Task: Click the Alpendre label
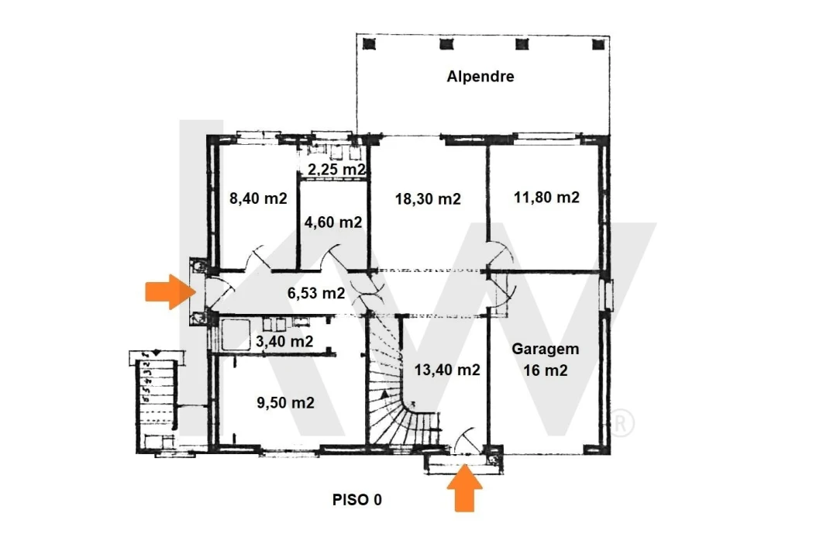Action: coord(480,77)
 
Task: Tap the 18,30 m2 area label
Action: coord(428,199)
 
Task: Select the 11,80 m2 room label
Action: coord(546,198)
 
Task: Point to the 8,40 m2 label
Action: coord(258,198)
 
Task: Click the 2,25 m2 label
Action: coord(337,170)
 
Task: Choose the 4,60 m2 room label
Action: coord(333,222)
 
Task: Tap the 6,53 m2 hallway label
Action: coord(316,293)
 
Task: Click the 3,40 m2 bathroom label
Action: coord(284,341)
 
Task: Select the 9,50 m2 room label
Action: coord(285,403)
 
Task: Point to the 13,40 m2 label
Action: coord(447,370)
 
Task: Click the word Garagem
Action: coord(546,350)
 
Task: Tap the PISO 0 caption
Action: coord(357,500)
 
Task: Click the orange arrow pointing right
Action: coord(170,291)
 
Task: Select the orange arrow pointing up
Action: coord(464,488)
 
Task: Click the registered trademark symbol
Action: coord(622,423)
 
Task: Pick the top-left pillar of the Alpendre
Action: coord(369,43)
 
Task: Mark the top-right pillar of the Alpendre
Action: coord(598,43)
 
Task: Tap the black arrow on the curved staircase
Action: coord(384,394)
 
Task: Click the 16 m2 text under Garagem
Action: coord(546,370)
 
